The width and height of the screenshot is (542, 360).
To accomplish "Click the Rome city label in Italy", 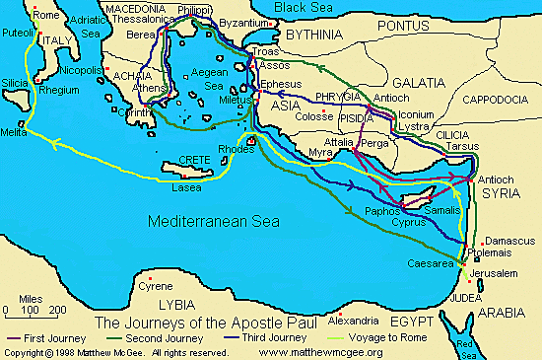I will click(x=19, y=15).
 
